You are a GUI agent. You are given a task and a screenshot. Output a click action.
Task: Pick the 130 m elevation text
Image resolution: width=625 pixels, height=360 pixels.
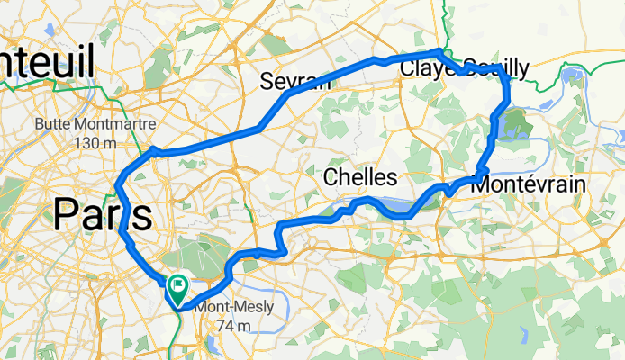pyautogui.click(x=94, y=142)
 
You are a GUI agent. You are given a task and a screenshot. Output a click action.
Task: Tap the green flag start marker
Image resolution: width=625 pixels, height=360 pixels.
pyautogui.click(x=177, y=287)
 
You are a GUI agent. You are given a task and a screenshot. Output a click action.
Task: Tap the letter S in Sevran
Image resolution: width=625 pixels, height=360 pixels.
pyautogui.click(x=267, y=82)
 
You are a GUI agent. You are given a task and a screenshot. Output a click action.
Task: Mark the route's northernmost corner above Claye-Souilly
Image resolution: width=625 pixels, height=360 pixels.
pyautogui.click(x=439, y=51)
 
